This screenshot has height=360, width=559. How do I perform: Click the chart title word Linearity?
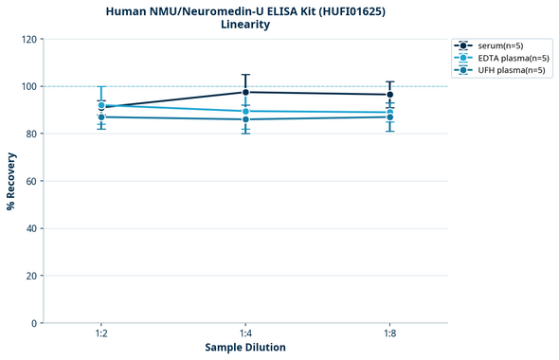click(245, 25)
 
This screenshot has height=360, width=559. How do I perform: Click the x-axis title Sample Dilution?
click(245, 348)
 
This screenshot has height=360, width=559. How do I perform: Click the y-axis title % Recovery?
click(11, 181)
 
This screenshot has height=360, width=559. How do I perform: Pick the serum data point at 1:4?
click(245, 92)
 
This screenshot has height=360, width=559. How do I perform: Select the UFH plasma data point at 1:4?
click(245, 119)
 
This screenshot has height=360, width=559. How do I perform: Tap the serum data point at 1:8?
click(389, 95)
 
